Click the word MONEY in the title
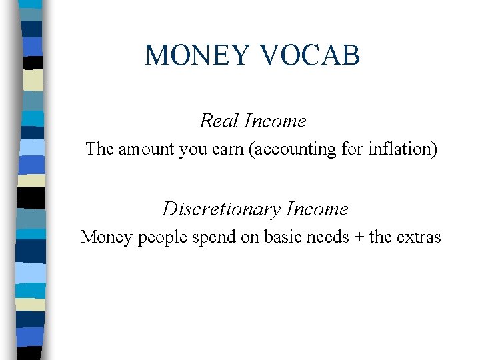[x=196, y=56]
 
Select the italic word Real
[x=219, y=121]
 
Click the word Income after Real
[x=275, y=121]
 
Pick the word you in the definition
[x=193, y=149]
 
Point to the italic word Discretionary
[x=221, y=209]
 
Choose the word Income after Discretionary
[x=317, y=209]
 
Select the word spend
[x=200, y=237]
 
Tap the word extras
[x=417, y=237]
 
